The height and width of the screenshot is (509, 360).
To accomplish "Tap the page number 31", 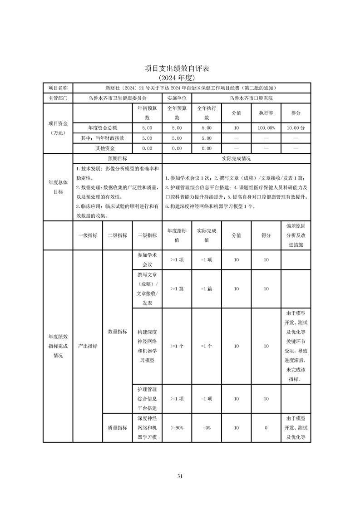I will coord(180,476).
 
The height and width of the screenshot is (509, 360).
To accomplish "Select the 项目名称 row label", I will coord(58,88).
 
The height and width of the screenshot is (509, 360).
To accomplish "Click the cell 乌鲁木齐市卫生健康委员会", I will coord(117,98).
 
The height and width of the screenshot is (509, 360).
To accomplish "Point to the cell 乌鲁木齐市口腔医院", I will coord(251,98).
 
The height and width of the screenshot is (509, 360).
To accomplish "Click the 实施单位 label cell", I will coord(177,98).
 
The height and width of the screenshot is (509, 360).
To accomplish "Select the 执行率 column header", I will coord(266,113).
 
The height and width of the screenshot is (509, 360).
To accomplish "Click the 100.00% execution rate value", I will coord(266,128).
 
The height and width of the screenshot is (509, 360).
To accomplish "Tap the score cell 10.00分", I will coord(296,128).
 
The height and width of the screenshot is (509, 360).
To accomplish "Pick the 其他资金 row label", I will coord(105,148).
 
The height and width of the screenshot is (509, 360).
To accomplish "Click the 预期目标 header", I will coord(117,159).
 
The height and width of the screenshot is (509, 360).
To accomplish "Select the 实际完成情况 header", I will coord(236,159).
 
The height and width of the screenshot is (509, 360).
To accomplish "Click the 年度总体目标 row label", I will coord(58,186).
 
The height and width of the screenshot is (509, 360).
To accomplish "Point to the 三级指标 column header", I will coord(147,235).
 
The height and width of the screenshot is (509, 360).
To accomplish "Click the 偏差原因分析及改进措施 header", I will coord(296,235).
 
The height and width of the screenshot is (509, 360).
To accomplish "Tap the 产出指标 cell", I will coord(88,346).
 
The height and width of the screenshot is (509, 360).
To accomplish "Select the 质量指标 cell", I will coord(117,427).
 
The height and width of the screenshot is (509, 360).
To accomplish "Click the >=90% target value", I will coord(177,427).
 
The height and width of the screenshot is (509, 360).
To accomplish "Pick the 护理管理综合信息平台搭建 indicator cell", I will coord(147,399).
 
